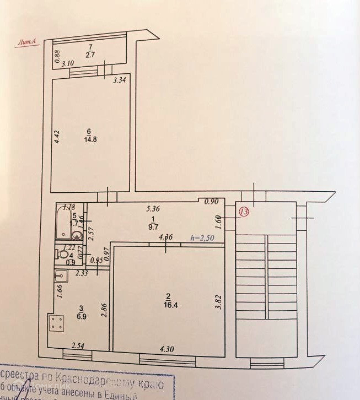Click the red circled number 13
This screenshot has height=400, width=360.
click(244, 211)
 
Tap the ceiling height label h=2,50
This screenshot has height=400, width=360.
click(203, 238)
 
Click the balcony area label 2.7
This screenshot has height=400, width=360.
click(90, 55)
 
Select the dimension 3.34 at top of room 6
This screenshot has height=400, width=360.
click(119, 81)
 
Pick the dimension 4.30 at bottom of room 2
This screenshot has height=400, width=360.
click(168, 348)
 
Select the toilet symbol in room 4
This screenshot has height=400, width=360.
click(65, 256)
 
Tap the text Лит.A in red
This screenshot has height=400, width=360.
click(27, 41)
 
